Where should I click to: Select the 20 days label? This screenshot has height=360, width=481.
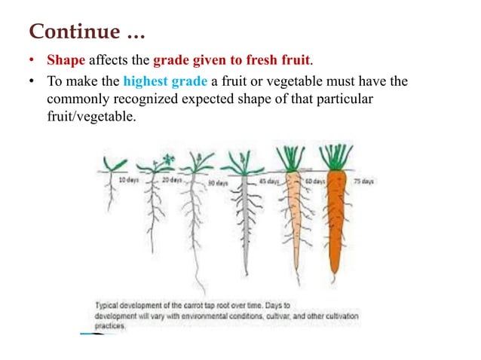[171, 181]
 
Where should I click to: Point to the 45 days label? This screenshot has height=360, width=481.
[267, 182]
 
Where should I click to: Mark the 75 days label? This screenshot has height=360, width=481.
[363, 182]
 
